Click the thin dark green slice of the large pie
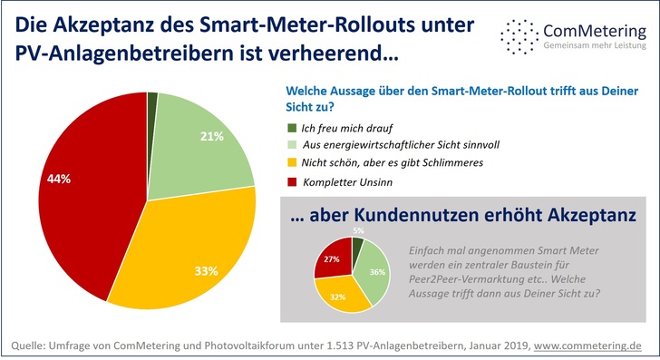click(152, 98)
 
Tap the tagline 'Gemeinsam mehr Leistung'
click(595, 46)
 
